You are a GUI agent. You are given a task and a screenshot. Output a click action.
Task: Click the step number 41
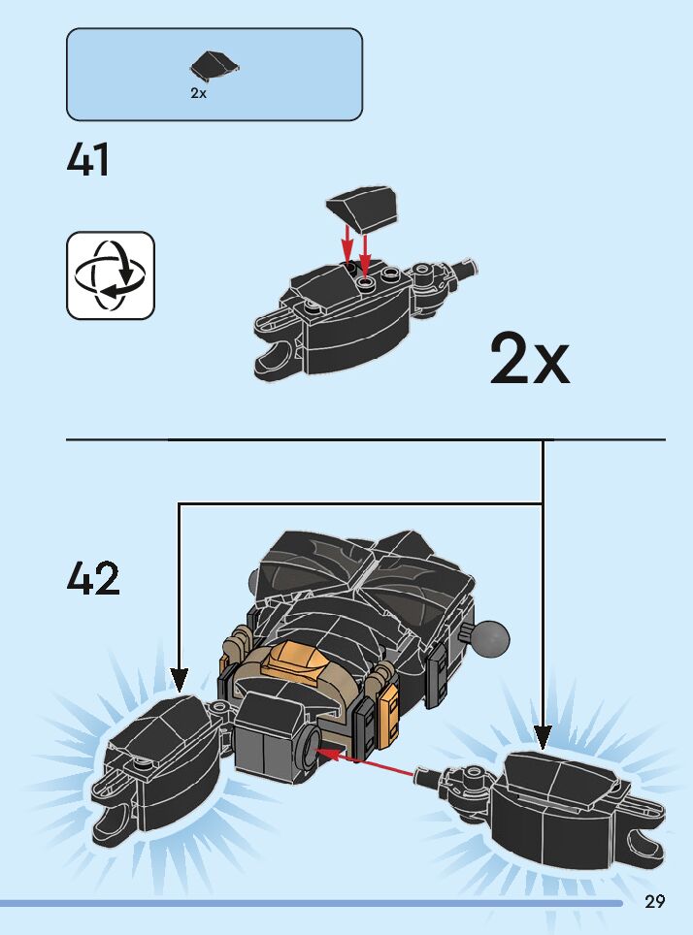88,160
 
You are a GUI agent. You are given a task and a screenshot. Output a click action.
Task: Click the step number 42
93,579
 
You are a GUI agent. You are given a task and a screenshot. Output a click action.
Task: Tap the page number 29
654,901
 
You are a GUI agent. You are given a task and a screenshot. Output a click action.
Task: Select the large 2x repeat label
529,359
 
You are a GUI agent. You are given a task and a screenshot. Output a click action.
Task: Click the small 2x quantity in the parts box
198,94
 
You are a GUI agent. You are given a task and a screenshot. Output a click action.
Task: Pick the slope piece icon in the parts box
214,67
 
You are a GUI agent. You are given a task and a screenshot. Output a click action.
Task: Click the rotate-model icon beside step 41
111,275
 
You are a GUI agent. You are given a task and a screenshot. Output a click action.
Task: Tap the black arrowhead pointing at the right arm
543,736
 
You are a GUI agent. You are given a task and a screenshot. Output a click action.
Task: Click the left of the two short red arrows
347,242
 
